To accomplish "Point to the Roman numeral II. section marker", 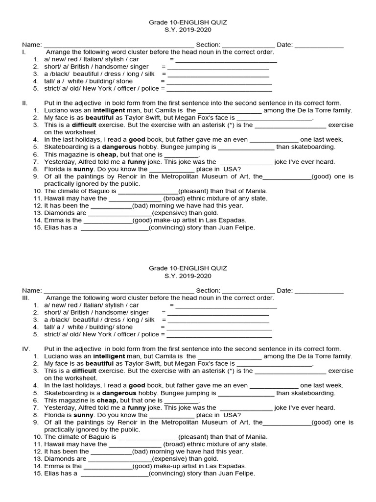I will point(24,103).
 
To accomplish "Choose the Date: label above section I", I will point(284,45).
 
